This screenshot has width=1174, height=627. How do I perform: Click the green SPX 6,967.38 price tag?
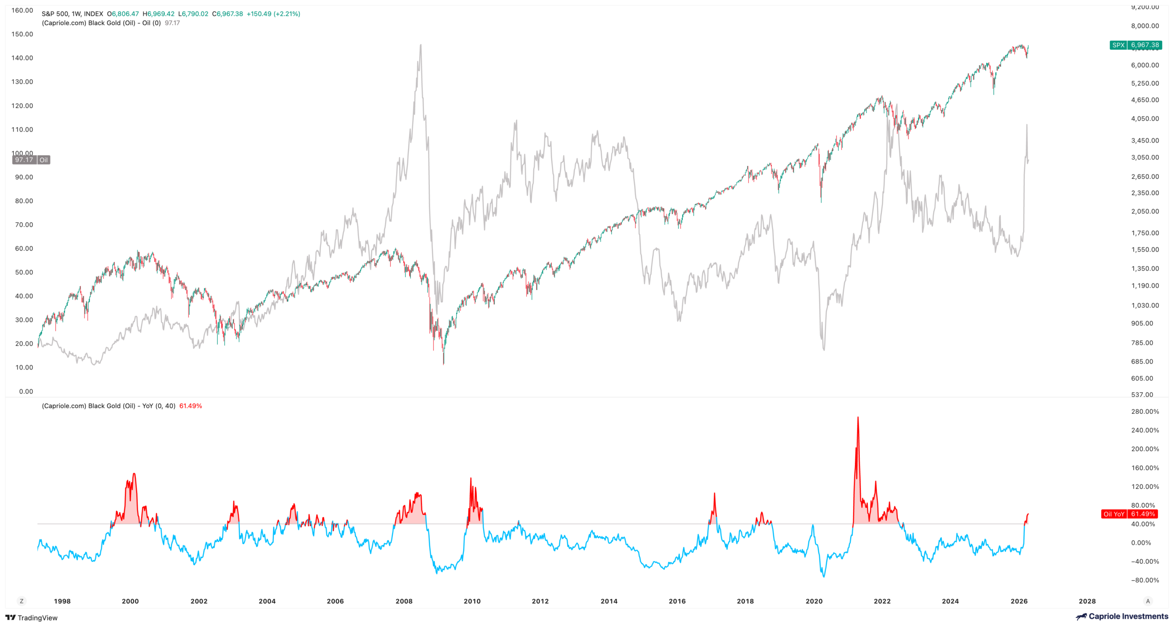point(1135,45)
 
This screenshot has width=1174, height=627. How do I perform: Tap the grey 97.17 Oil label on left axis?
point(31,160)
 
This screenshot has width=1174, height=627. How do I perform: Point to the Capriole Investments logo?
point(1122,616)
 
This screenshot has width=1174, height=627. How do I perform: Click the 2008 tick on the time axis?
point(404,601)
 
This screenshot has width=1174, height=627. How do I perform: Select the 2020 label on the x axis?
point(814,601)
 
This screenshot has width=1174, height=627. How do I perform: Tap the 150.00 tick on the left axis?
point(22,34)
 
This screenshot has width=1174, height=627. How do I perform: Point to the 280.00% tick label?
point(1145,412)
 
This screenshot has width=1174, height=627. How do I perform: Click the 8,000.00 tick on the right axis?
point(1145,26)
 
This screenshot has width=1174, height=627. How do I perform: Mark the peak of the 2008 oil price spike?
point(421,45)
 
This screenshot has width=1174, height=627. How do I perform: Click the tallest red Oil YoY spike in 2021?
point(858,418)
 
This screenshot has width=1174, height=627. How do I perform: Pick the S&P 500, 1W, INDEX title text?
point(72,14)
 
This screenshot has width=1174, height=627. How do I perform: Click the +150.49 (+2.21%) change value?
point(273,14)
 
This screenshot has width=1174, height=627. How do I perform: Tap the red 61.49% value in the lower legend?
point(190,406)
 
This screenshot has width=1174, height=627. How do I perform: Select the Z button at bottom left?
point(22,601)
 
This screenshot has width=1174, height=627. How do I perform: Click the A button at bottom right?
point(1148,601)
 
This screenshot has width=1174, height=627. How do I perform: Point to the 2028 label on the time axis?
point(1087,601)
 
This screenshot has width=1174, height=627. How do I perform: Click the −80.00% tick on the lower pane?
point(1145,580)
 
